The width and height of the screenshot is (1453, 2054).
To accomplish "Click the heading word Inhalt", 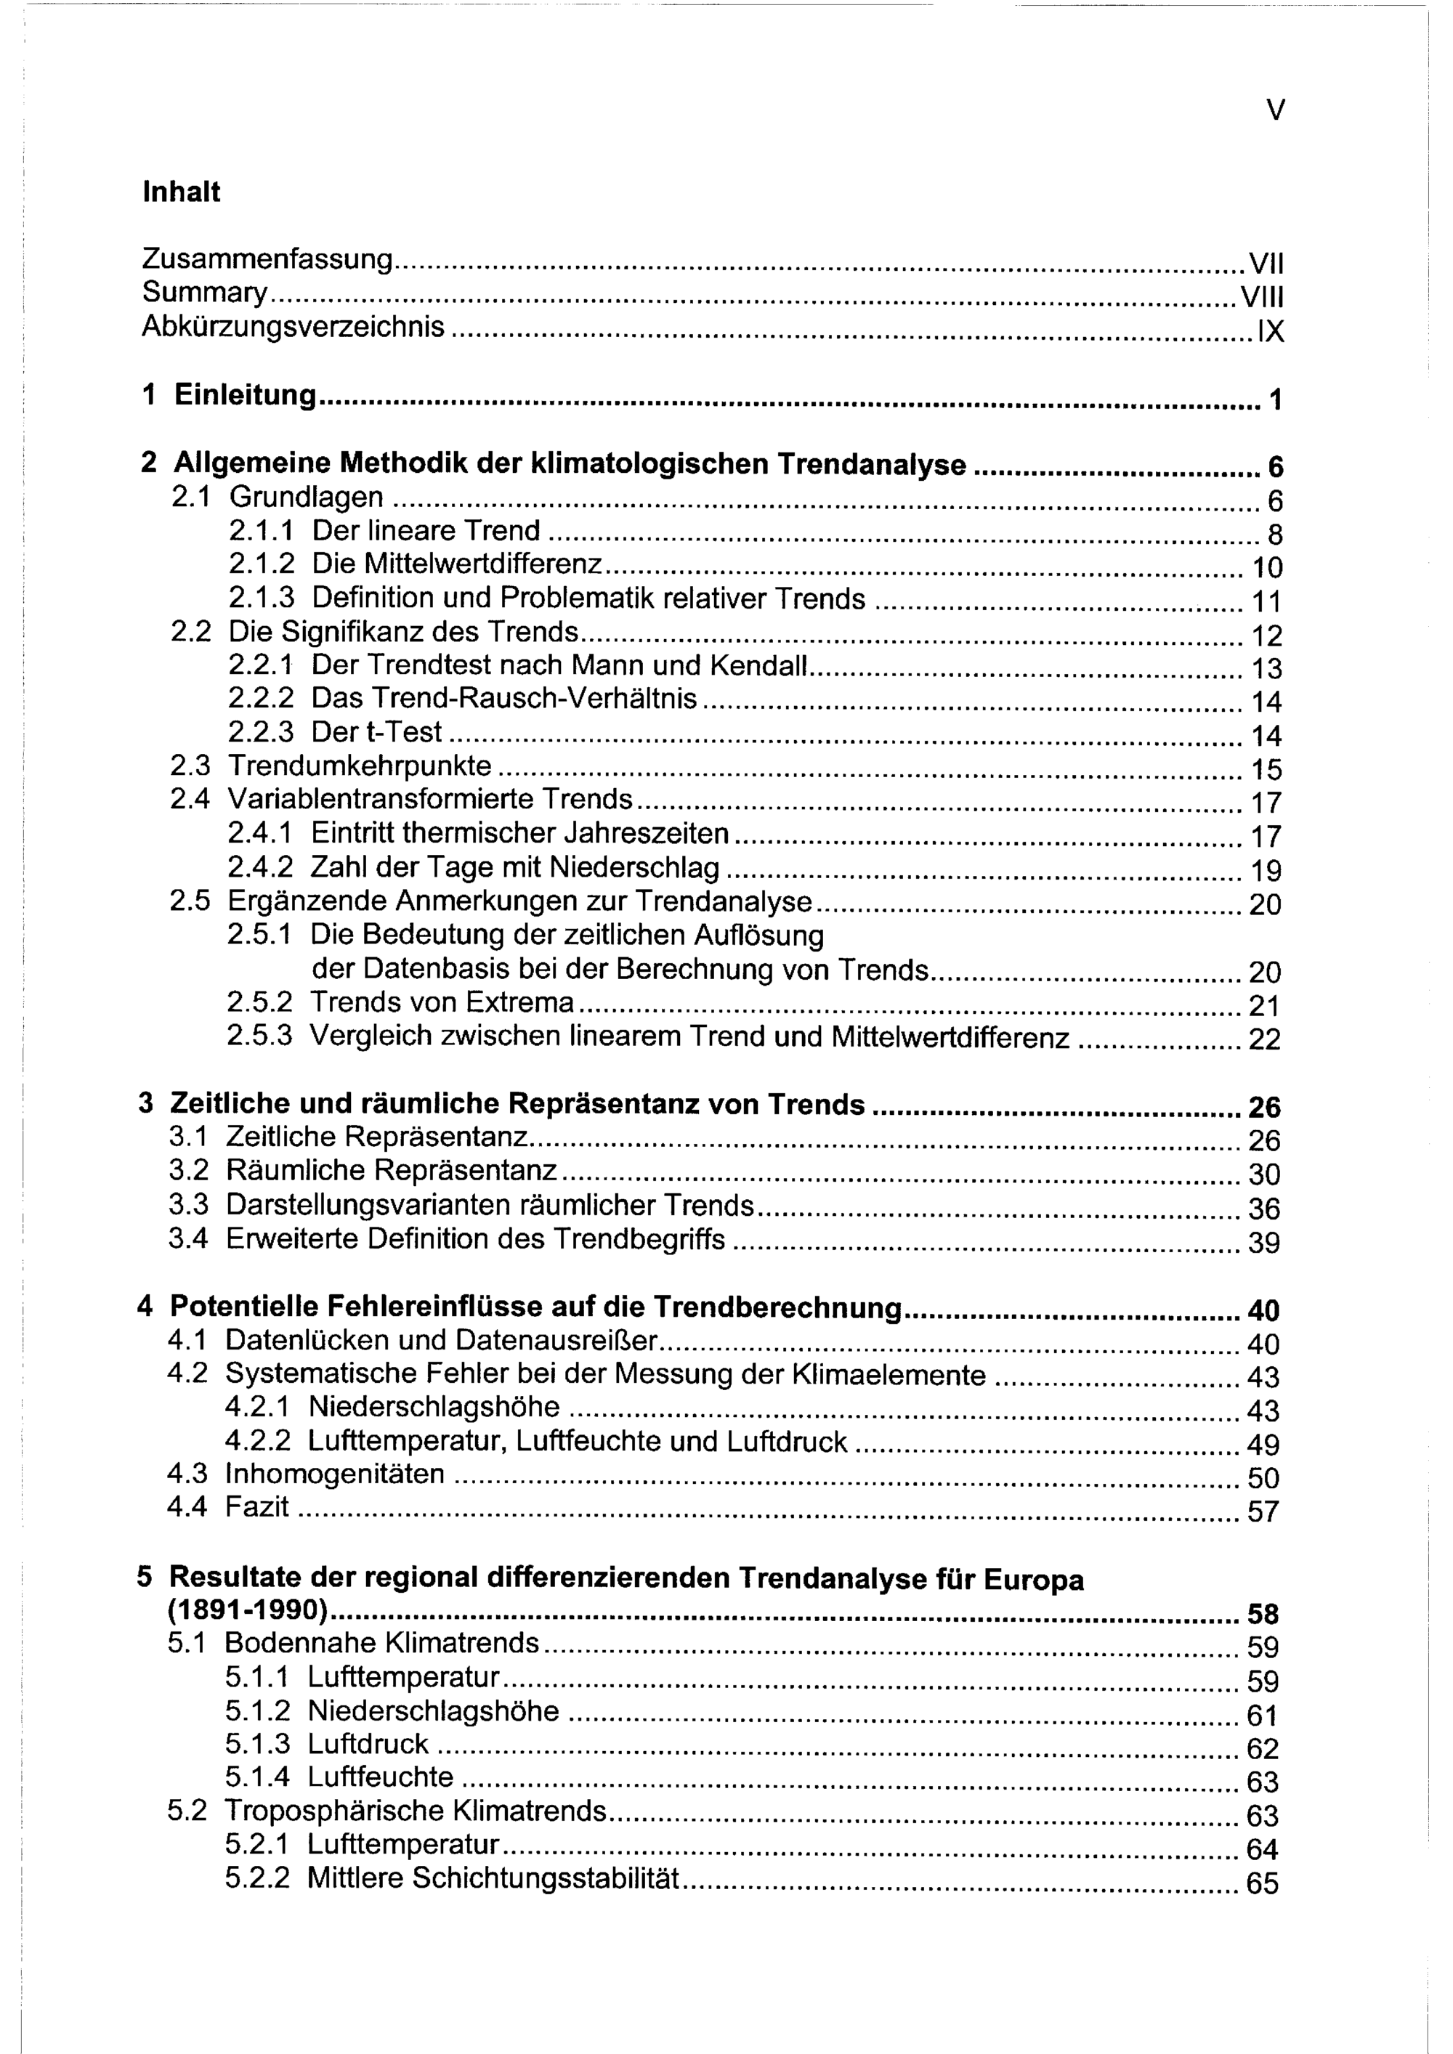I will point(181,192).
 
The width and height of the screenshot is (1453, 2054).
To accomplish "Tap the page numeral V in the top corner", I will point(1276,110).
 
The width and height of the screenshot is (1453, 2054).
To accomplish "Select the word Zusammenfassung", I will point(267,260).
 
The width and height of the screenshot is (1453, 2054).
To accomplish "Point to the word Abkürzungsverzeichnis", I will point(293,328).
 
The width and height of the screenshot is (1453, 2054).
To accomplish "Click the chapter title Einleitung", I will point(245,394).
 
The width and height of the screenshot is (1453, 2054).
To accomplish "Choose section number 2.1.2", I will point(262,564).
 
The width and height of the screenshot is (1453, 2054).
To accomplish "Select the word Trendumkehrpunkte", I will point(360,766).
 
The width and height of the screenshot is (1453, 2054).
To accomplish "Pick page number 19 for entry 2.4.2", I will point(1264,870).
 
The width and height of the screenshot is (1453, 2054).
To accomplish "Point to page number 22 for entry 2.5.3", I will point(1264,1039).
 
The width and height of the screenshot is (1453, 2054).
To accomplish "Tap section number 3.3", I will point(188,1205).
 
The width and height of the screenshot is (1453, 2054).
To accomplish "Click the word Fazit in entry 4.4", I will point(256,1507).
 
